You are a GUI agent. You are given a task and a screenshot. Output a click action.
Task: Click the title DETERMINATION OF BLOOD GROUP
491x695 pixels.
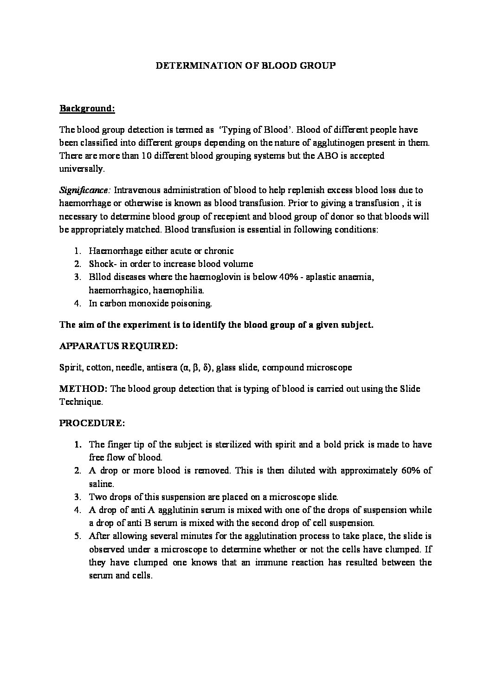245,65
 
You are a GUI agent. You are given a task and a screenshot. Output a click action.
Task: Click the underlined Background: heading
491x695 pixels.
87,109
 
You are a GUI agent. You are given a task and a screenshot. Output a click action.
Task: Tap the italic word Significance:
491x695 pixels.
85,190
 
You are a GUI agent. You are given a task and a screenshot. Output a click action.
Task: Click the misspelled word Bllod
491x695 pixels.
100,277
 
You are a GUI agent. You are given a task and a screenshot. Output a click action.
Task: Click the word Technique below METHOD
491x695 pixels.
81,402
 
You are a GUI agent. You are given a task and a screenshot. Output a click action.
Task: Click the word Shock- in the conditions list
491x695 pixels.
102,264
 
